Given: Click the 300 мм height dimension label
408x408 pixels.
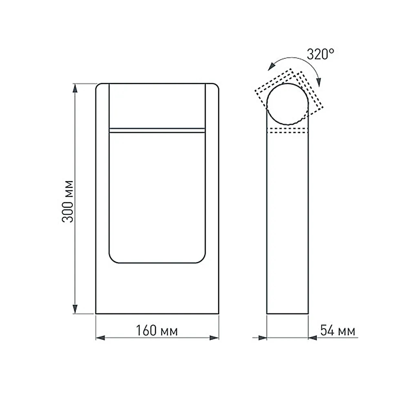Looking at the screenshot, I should pos(68,201).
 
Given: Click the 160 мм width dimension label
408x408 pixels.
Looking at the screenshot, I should pos(157,330).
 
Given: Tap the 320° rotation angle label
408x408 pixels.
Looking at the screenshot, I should pos(320,54).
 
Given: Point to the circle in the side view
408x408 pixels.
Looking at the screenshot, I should pos(287,104).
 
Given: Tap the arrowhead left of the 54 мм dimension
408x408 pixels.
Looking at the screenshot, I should pos(262,338).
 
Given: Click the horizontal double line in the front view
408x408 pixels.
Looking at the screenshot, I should pos(157,130).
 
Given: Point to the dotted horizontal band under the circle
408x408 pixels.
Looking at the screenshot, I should pos(287,131).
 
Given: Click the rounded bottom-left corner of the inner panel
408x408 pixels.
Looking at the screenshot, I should pos(113,259).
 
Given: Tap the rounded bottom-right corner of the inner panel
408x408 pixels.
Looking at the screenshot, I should pos(201,259).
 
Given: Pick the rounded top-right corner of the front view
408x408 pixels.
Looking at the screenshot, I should pos(215,86).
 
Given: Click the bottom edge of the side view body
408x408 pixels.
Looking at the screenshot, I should pos(287,314).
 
